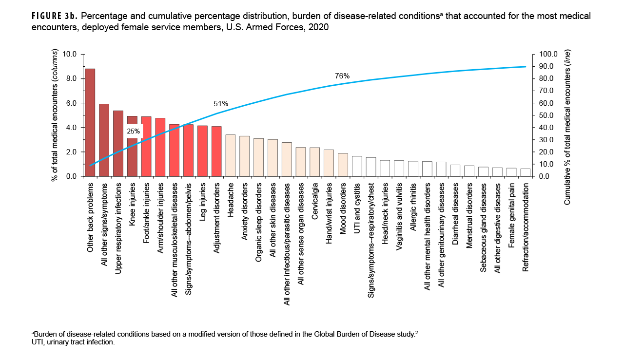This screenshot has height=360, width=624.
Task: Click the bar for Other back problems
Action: [90, 122]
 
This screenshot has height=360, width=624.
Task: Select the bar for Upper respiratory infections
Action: [118, 143]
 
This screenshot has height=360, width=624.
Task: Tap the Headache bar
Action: [231, 155]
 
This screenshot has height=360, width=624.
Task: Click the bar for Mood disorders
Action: [343, 165]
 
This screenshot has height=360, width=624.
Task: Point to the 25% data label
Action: [134, 131]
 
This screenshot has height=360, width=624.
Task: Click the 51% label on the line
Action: [221, 104]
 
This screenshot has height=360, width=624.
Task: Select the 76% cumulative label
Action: [342, 76]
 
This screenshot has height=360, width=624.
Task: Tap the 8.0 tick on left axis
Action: [71, 78]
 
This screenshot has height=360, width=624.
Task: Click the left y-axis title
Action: [55, 115]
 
